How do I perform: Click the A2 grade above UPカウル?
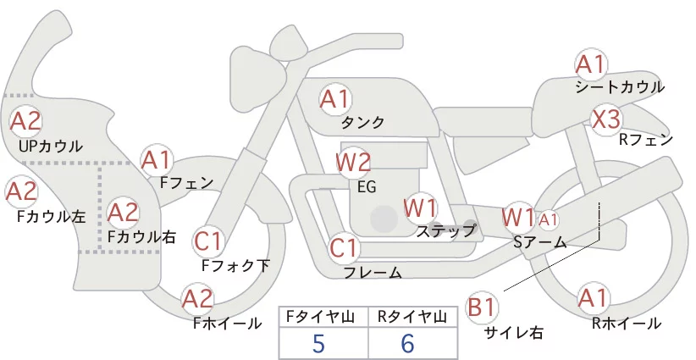click(25, 121)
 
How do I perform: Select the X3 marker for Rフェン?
click(606, 119)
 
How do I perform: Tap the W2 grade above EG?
click(353, 162)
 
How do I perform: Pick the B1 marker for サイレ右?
click(482, 307)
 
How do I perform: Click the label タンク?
click(362, 123)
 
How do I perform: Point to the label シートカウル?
click(620, 87)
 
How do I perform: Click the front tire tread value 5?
click(318, 343)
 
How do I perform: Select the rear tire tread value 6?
click(407, 343)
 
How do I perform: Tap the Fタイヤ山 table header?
click(320, 317)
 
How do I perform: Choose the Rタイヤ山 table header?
click(412, 317)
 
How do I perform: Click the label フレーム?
click(373, 272)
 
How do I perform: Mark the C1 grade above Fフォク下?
click(207, 241)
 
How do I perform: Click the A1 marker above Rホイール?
click(592, 297)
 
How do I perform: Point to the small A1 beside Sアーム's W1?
click(548, 219)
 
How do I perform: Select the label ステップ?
click(445, 231)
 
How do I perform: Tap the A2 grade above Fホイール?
click(197, 298)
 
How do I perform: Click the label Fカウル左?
click(51, 217)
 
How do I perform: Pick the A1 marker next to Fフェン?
click(157, 160)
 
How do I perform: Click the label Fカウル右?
click(141, 237)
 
